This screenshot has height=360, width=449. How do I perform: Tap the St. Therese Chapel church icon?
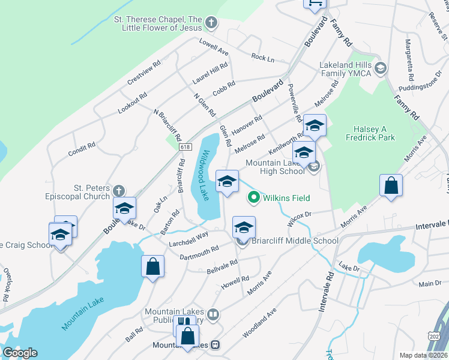click(211, 23)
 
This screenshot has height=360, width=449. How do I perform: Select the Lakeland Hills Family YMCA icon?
click(379, 69)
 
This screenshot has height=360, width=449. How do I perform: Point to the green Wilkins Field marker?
click(254, 197)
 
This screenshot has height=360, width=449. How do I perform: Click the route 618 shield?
click(185, 148)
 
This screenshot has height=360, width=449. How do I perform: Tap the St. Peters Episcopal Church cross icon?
click(119, 191)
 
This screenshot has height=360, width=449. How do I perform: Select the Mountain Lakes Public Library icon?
click(212, 314)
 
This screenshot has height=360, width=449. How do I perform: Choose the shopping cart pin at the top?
click(315, 3)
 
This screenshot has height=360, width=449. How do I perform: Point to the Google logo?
click(19, 352)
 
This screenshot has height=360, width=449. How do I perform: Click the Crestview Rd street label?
click(143, 73)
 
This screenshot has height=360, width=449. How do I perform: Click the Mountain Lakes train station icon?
click(214, 345)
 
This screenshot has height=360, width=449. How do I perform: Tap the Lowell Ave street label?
click(214, 46)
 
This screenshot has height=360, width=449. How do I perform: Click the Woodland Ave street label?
click(259, 322)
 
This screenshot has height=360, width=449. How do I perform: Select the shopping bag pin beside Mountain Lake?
click(152, 266)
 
